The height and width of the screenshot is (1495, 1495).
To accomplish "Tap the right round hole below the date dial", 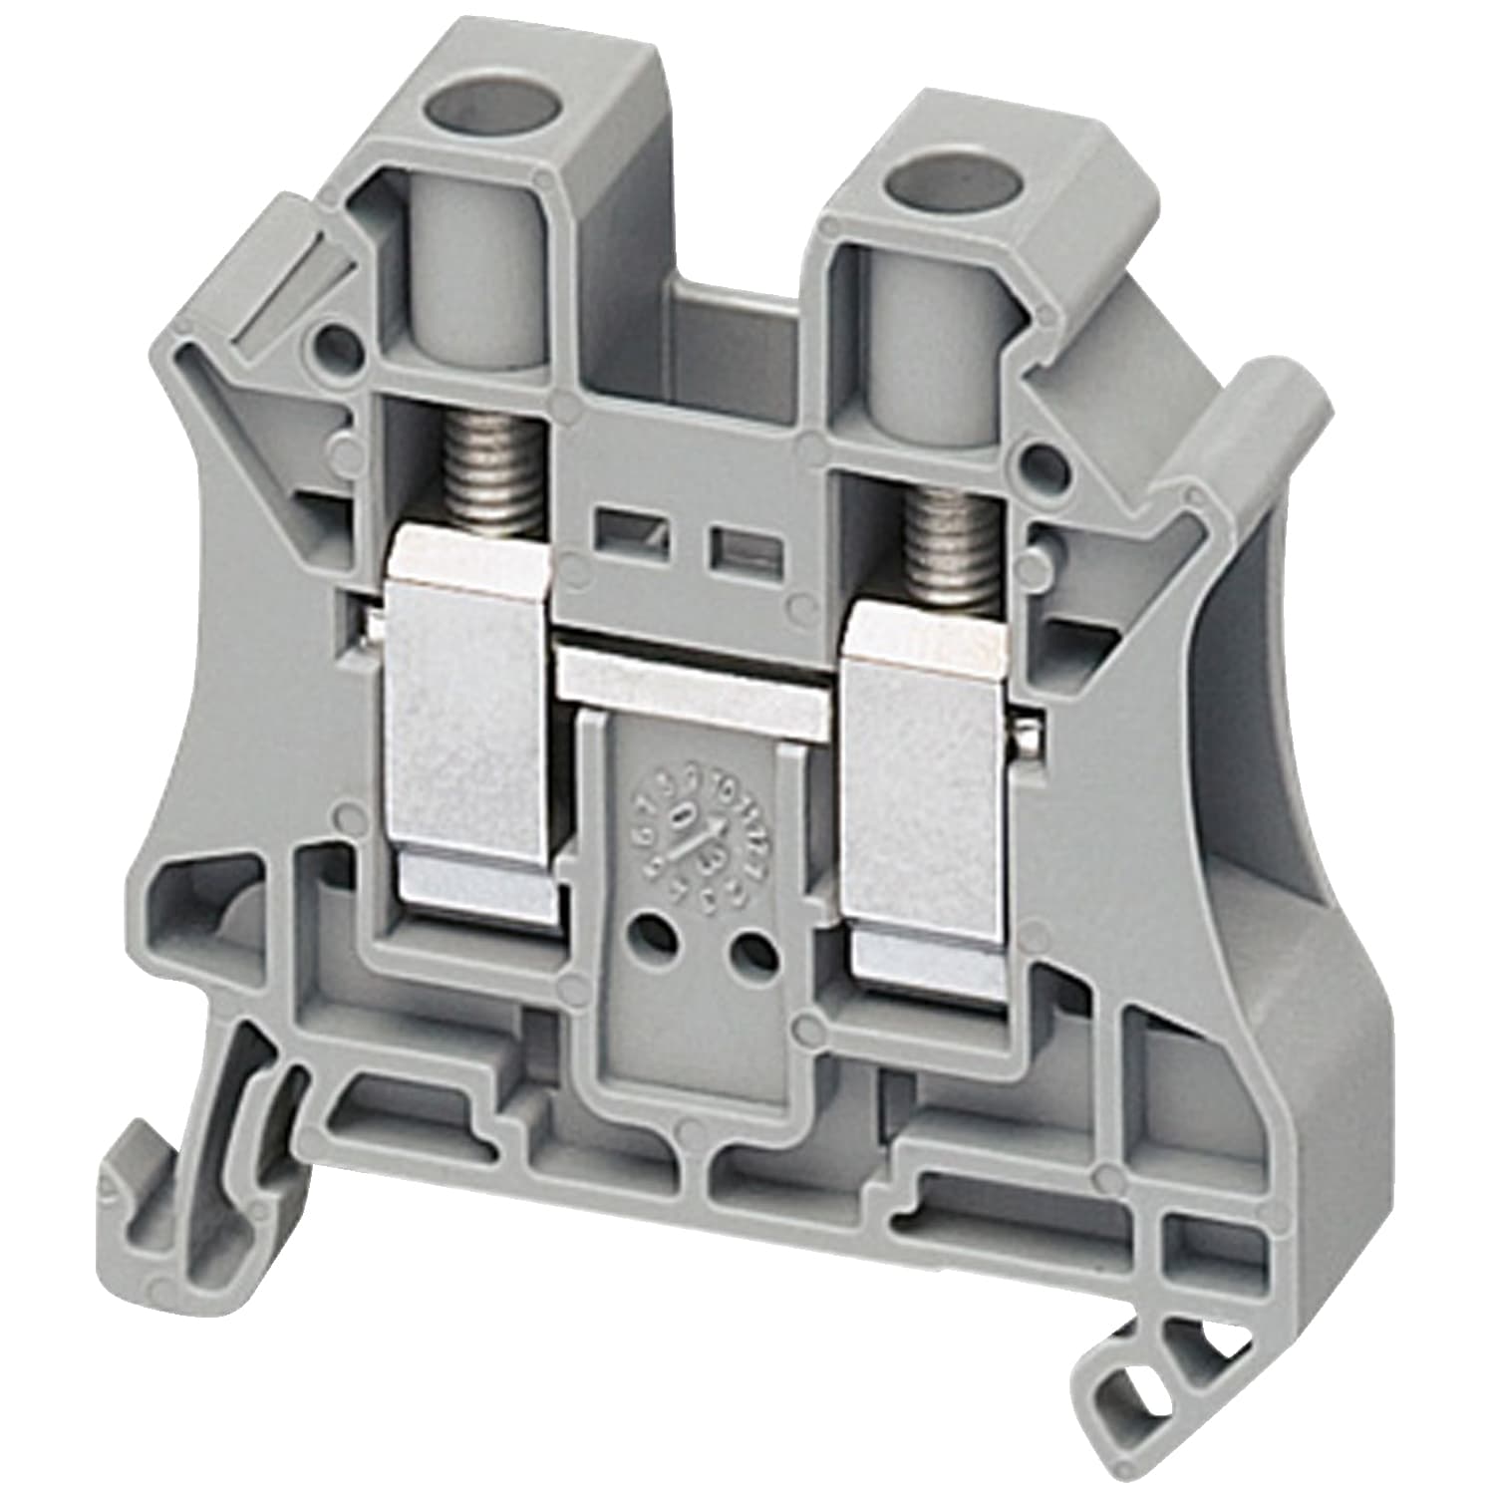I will click(x=754, y=954).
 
